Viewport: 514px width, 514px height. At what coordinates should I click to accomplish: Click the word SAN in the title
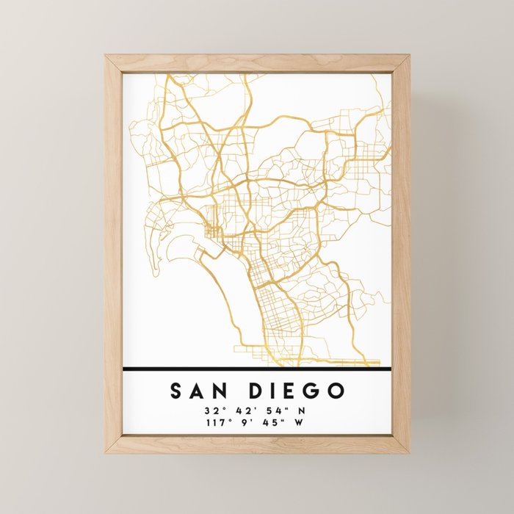click(x=199, y=390)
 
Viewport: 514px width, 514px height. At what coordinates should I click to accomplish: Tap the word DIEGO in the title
click(x=297, y=390)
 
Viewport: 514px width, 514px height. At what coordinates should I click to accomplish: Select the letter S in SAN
click(x=177, y=390)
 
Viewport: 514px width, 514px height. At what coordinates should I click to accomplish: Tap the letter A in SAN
click(x=199, y=390)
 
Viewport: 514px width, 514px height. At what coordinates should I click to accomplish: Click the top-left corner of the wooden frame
click(x=106, y=56)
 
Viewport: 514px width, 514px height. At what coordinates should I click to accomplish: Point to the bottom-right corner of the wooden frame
click(x=409, y=452)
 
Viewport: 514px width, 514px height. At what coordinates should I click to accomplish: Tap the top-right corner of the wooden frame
click(x=409, y=56)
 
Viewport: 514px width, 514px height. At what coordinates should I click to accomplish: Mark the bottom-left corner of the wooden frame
click(x=106, y=452)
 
